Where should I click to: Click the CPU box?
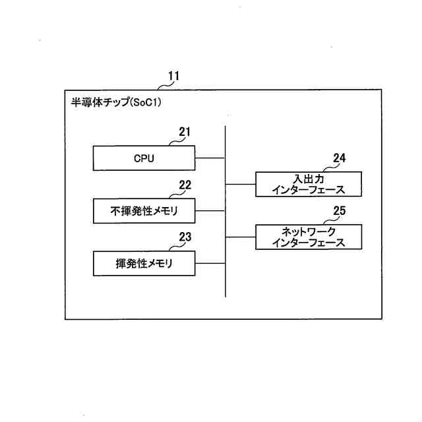click(144, 158)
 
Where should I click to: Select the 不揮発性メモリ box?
click(144, 211)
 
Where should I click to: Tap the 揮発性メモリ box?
click(144, 263)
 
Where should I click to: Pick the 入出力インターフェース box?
click(309, 184)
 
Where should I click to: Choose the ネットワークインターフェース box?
click(309, 237)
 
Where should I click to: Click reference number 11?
click(173, 76)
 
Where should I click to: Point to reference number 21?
click(185, 132)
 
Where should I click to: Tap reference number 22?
click(185, 185)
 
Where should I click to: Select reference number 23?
click(185, 237)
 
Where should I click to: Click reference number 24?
click(339, 158)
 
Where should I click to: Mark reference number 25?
click(339, 211)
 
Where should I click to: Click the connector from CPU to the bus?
click(210, 158)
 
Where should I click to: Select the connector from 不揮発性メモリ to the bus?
click(210, 211)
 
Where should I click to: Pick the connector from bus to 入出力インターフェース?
click(241, 184)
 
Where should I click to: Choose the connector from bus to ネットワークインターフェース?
click(241, 237)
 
